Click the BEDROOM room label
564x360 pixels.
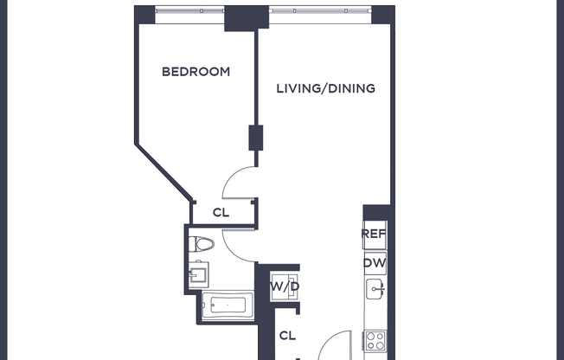(196, 72)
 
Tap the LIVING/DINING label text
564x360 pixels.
(325, 88)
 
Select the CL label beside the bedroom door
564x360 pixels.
(221, 212)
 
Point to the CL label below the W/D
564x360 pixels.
(288, 335)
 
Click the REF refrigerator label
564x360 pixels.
(375, 234)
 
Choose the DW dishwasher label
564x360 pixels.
(375, 263)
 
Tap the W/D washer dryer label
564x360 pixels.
(285, 286)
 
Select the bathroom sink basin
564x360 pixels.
(197, 276)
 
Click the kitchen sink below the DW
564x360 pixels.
(375, 289)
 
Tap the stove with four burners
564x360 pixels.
(375, 340)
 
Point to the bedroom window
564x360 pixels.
(189, 13)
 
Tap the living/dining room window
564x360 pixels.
(319, 13)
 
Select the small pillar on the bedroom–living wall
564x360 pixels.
(256, 138)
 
